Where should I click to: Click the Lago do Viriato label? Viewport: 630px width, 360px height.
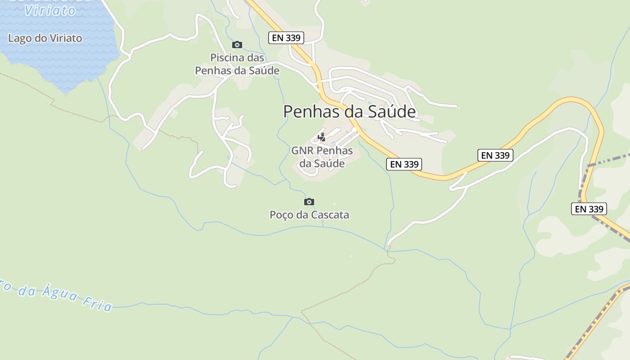coord(45,38)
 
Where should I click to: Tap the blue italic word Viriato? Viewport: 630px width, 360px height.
coord(50,10)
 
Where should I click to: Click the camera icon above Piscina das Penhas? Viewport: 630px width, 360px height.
coord(237,45)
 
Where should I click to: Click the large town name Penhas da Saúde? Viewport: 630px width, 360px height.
coord(349,112)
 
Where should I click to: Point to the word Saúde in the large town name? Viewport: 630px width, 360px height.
coord(392,112)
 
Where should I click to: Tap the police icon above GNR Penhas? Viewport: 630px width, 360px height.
coord(322,137)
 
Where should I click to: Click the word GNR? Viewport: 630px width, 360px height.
coord(302,151)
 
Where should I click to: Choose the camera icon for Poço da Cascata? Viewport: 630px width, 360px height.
coord(309,202)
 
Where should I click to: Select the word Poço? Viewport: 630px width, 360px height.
coord(281,215)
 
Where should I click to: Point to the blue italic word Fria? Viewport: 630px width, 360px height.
coord(98,305)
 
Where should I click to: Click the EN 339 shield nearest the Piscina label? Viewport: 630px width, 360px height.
coord(286,38)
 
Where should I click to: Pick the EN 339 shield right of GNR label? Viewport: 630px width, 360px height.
coord(404,164)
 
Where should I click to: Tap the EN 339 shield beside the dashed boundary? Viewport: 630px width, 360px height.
coord(589,209)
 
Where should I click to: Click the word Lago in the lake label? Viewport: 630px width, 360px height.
coord(20,38)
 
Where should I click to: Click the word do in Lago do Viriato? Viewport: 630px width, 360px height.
coord(41,38)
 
